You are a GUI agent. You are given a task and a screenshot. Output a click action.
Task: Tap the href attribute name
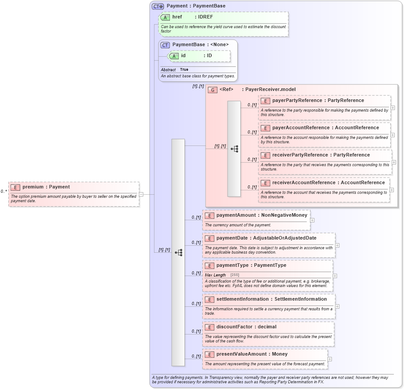tap(177, 17)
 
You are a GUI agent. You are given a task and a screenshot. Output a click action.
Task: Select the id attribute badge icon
tap(174, 56)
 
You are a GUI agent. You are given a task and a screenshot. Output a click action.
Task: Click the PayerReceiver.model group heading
tap(270, 89)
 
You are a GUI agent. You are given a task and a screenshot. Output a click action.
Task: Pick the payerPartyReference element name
tap(297, 100)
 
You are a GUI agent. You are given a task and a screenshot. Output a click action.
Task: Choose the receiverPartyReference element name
tap(297, 155)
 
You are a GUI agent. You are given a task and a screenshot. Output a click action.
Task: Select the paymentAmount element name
tap(236, 215)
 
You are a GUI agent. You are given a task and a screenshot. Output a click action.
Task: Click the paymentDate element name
tap(233, 238)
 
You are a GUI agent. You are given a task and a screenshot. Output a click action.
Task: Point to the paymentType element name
tap(233, 265)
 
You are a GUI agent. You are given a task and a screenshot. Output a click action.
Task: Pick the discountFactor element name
tap(234, 327)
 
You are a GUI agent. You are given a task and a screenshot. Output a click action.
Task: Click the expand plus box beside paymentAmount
tap(312, 220)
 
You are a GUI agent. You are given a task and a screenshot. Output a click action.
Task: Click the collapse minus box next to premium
tap(141, 194)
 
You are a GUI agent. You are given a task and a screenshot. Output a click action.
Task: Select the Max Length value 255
tap(235, 275)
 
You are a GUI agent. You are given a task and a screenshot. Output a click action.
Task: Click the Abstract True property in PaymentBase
tap(184, 69)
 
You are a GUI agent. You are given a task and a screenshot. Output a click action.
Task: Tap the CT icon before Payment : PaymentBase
tap(158, 6)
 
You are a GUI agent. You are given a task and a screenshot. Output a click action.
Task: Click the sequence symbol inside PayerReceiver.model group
tap(234, 149)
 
